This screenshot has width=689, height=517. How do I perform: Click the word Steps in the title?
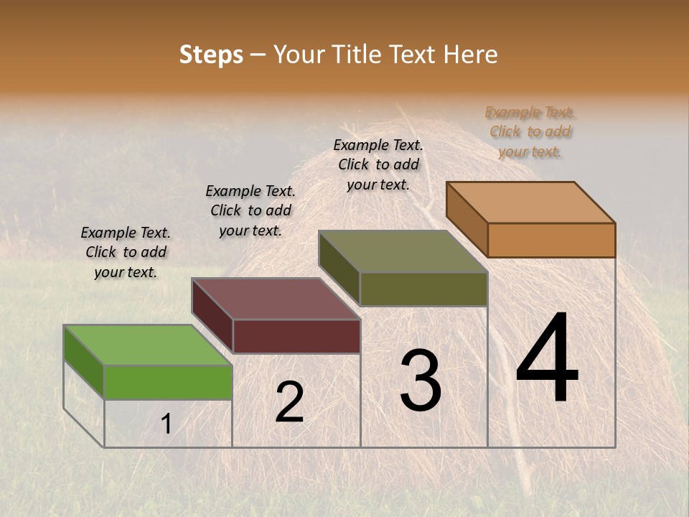pyautogui.click(x=211, y=55)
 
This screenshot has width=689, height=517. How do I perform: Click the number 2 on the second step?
pyautogui.click(x=289, y=402)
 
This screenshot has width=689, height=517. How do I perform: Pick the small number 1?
pyautogui.click(x=167, y=424)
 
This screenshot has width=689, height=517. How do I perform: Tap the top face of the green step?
pyautogui.click(x=147, y=345)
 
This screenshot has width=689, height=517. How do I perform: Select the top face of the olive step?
pyautogui.click(x=403, y=251)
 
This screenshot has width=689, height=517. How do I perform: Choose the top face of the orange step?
pyautogui.click(x=531, y=202)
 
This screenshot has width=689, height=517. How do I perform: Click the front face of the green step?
pyautogui.click(x=168, y=382)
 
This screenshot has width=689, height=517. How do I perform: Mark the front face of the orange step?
pyautogui.click(x=551, y=240)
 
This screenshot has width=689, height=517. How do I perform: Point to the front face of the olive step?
pyautogui.click(x=423, y=289)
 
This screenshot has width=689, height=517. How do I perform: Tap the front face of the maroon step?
pyautogui.click(x=296, y=336)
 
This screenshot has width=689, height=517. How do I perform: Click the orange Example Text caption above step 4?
pyautogui.click(x=530, y=132)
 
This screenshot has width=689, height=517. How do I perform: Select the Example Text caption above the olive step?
pyautogui.click(x=378, y=164)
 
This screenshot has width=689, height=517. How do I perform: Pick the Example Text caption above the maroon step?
pyautogui.click(x=250, y=210)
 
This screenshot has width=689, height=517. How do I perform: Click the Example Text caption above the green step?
pyautogui.click(x=126, y=252)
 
